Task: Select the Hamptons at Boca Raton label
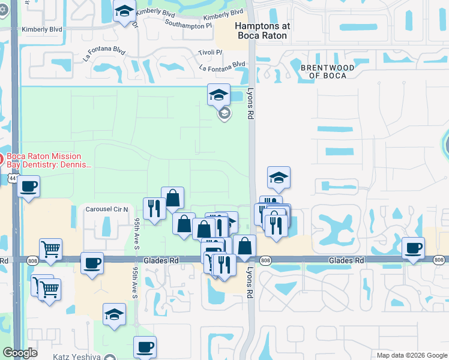click(x=262, y=31)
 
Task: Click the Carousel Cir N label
click(x=107, y=209)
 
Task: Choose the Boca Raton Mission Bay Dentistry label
click(x=48, y=160)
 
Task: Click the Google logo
click(x=20, y=353)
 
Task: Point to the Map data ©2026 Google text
click(x=412, y=355)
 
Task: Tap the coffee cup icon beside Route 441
click(x=28, y=187)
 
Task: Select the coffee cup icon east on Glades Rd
click(x=413, y=248)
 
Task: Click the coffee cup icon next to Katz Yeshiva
click(x=145, y=347)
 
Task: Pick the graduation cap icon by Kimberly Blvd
click(x=125, y=11)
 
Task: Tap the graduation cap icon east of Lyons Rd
click(x=279, y=177)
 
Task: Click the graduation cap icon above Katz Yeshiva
click(x=114, y=314)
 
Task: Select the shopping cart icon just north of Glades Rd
click(x=51, y=249)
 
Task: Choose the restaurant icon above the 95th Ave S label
click(x=154, y=208)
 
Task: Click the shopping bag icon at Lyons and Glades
click(x=245, y=245)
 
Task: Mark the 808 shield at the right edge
click(x=439, y=260)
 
